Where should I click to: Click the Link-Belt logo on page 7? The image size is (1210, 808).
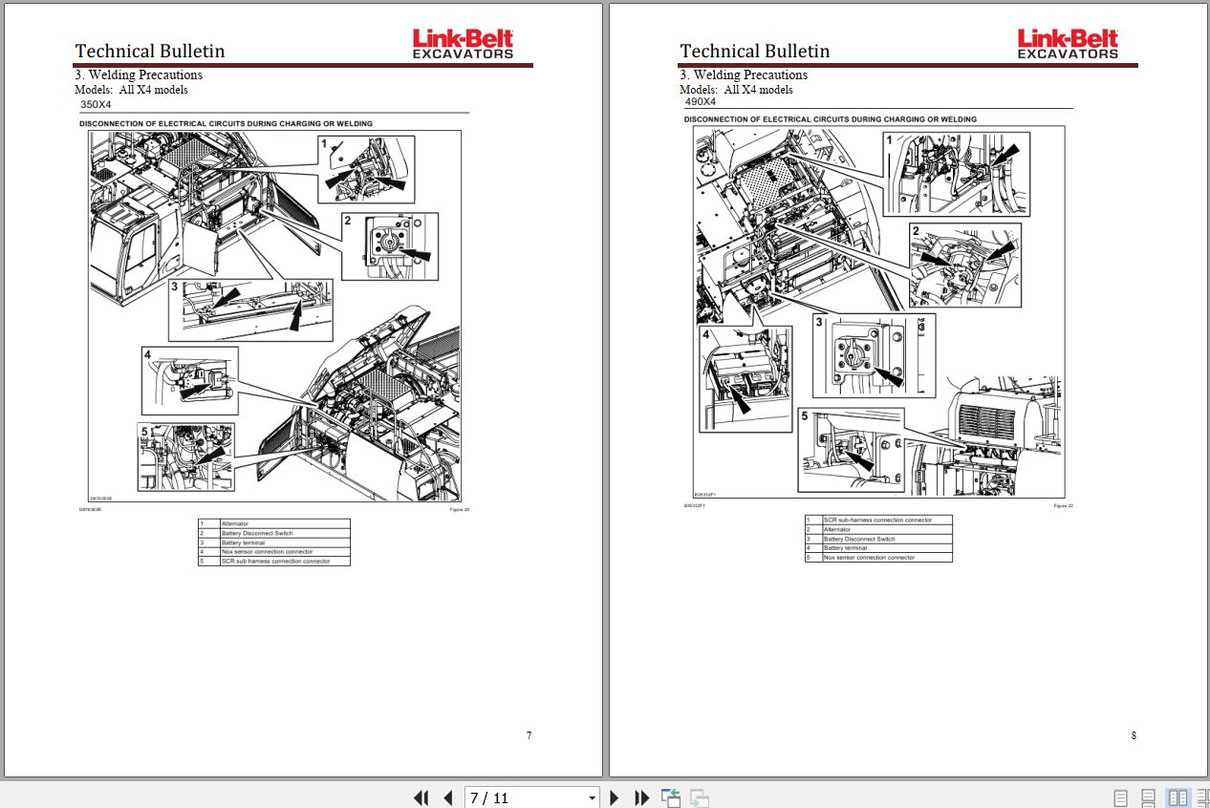(463, 43)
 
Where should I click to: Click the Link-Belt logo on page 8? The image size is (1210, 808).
(1068, 43)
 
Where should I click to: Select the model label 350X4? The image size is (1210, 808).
(97, 104)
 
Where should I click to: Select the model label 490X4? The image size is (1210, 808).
(701, 101)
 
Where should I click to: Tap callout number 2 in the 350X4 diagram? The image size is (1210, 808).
(349, 221)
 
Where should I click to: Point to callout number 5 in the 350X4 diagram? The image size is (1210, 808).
(144, 430)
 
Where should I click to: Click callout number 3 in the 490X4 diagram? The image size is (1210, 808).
(819, 323)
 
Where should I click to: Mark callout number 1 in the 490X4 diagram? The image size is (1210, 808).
(890, 139)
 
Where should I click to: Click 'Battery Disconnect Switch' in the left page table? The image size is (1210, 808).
(256, 533)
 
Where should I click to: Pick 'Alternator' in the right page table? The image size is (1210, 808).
(837, 529)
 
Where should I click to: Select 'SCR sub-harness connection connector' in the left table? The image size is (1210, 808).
(275, 561)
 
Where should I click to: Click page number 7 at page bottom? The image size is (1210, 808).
(529, 735)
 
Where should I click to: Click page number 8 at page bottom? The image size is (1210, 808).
(1134, 735)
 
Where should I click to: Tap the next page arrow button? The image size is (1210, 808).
(615, 797)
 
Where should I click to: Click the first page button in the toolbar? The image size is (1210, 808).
(421, 797)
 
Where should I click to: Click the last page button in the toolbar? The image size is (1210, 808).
(642, 797)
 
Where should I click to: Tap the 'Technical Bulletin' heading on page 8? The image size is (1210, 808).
(754, 51)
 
